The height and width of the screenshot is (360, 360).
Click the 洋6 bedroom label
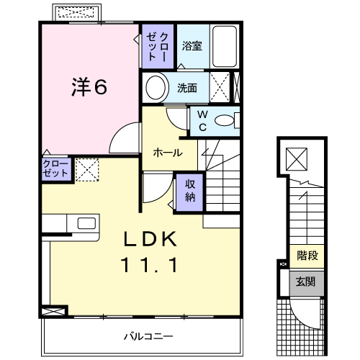click(x=89, y=87)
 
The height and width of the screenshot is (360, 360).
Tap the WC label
click(x=202, y=120)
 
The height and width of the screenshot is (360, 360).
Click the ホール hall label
click(x=168, y=153)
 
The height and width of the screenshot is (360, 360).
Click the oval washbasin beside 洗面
click(x=155, y=88)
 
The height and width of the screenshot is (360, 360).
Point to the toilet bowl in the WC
click(x=227, y=120)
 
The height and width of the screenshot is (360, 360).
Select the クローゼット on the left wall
click(x=55, y=170)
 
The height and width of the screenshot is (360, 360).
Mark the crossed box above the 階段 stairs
click(x=296, y=157)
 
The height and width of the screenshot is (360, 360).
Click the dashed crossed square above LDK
click(x=88, y=171)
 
